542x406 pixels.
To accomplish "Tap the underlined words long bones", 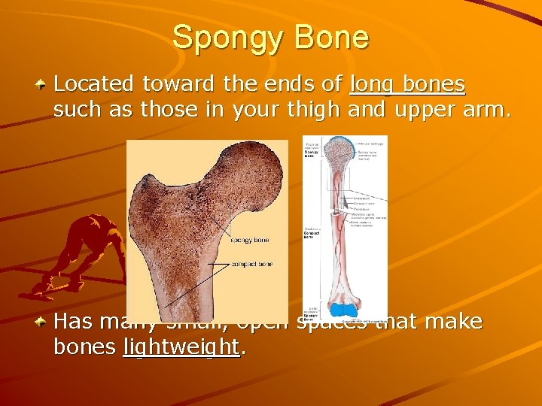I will (407, 84).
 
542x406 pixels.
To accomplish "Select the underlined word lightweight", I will (181, 347).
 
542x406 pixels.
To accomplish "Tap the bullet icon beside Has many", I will (42, 322).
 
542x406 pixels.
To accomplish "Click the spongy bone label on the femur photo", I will (249, 240).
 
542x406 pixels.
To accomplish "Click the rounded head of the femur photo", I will (256, 173).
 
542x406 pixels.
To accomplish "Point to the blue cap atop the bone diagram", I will (343, 142).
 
